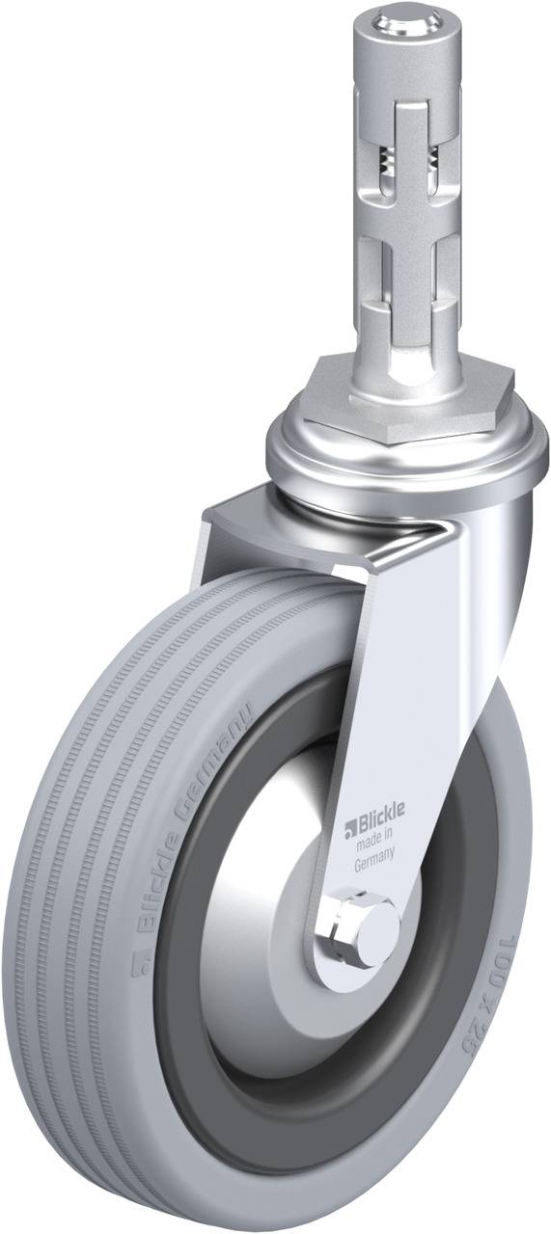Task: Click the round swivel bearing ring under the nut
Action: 405,453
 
